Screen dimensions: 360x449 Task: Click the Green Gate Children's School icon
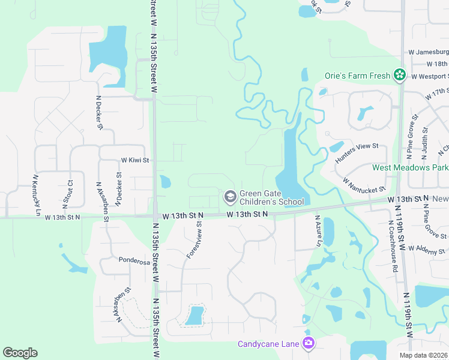230,196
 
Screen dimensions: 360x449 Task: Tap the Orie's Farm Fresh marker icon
399,76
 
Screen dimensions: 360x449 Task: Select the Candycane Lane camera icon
309,343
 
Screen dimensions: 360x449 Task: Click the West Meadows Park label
410,167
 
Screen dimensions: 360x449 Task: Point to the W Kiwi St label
134,160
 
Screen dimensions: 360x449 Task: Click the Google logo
20,353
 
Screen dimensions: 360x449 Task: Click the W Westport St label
430,76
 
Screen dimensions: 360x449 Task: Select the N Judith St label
424,140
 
